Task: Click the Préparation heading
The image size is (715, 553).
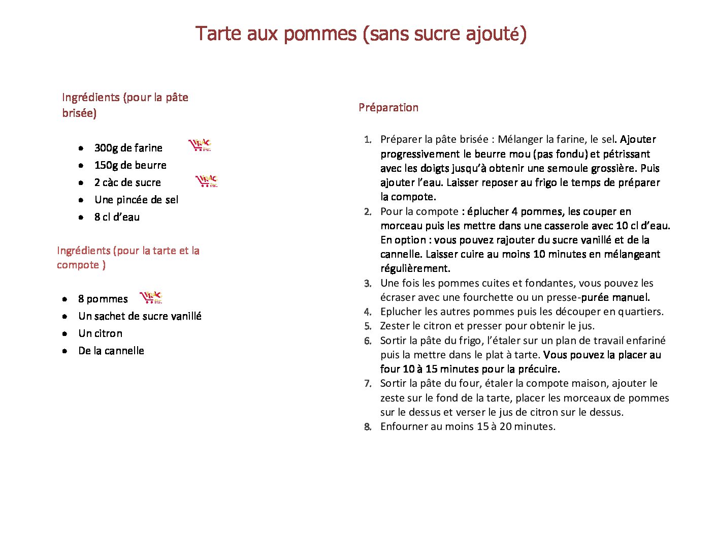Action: click(x=388, y=107)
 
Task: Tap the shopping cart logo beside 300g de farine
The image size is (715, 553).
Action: click(x=200, y=145)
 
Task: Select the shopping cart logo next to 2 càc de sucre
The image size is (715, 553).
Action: click(x=207, y=180)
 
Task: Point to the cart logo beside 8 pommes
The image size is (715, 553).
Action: click(x=151, y=297)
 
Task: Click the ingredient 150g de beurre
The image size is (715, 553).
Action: click(x=130, y=165)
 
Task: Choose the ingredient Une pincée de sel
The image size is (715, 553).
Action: click(x=136, y=200)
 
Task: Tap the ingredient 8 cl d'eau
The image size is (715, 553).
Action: click(x=117, y=217)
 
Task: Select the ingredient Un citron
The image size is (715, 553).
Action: click(x=100, y=333)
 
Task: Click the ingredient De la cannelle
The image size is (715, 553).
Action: click(x=111, y=351)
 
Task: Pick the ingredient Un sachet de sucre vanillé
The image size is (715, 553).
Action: click(x=140, y=316)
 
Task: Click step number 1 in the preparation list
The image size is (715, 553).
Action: click(x=368, y=140)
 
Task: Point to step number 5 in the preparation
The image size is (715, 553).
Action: click(x=368, y=326)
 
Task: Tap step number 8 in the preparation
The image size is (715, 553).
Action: click(x=368, y=427)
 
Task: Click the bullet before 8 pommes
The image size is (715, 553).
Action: click(x=64, y=299)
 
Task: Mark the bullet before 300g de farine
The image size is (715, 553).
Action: click(x=81, y=148)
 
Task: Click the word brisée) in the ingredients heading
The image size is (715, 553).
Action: click(x=79, y=113)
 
